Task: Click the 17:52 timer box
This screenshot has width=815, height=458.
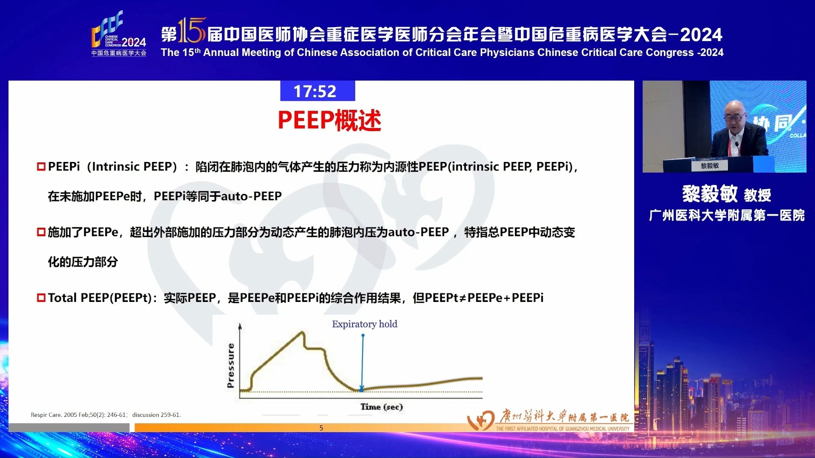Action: pyautogui.click(x=317, y=91)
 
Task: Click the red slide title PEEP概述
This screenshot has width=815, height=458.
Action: pyautogui.click(x=329, y=120)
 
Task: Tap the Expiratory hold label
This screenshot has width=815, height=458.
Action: pyautogui.click(x=364, y=324)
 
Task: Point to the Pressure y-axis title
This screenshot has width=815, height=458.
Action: pyautogui.click(x=231, y=365)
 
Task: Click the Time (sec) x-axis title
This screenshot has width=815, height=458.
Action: pyautogui.click(x=381, y=407)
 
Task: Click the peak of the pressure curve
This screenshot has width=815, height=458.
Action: pyautogui.click(x=303, y=332)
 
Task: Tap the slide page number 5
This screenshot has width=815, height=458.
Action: pyautogui.click(x=321, y=428)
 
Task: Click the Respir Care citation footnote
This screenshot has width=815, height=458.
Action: pyautogui.click(x=106, y=415)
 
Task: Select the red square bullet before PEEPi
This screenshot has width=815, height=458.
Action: pyautogui.click(x=41, y=167)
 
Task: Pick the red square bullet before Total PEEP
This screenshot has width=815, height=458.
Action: pyautogui.click(x=41, y=298)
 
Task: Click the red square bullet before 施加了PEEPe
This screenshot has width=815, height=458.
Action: pyautogui.click(x=41, y=232)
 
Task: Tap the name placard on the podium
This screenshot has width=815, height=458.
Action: pyautogui.click(x=710, y=166)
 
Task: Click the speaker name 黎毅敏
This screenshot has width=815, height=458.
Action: pyautogui.click(x=710, y=194)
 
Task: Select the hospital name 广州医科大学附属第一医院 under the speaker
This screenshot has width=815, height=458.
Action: pyautogui.click(x=726, y=215)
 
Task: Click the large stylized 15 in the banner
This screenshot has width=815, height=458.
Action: pyautogui.click(x=192, y=31)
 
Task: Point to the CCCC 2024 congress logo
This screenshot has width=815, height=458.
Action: pyautogui.click(x=118, y=34)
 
